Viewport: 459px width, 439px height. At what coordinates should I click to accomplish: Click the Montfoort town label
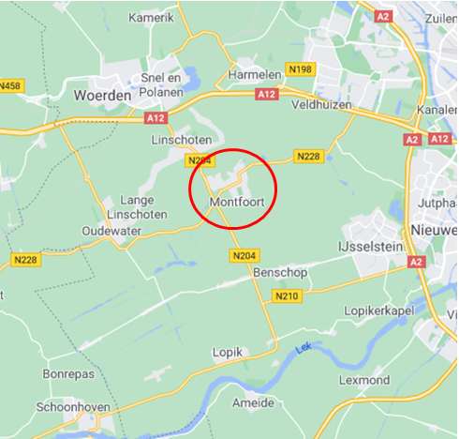[x=237, y=202]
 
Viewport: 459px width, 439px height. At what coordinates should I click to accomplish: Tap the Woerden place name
[x=101, y=95]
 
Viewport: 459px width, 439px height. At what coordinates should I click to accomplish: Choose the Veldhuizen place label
[x=321, y=105]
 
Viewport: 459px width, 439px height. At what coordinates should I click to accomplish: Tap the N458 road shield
[x=9, y=86]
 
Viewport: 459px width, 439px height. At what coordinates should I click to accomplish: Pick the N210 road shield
[x=287, y=296]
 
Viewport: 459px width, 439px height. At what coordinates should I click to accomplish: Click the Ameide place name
[x=253, y=402]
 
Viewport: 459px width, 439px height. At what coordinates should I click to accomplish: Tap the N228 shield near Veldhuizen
[x=308, y=156]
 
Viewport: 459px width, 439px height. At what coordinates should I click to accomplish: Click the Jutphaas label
[x=437, y=202]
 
